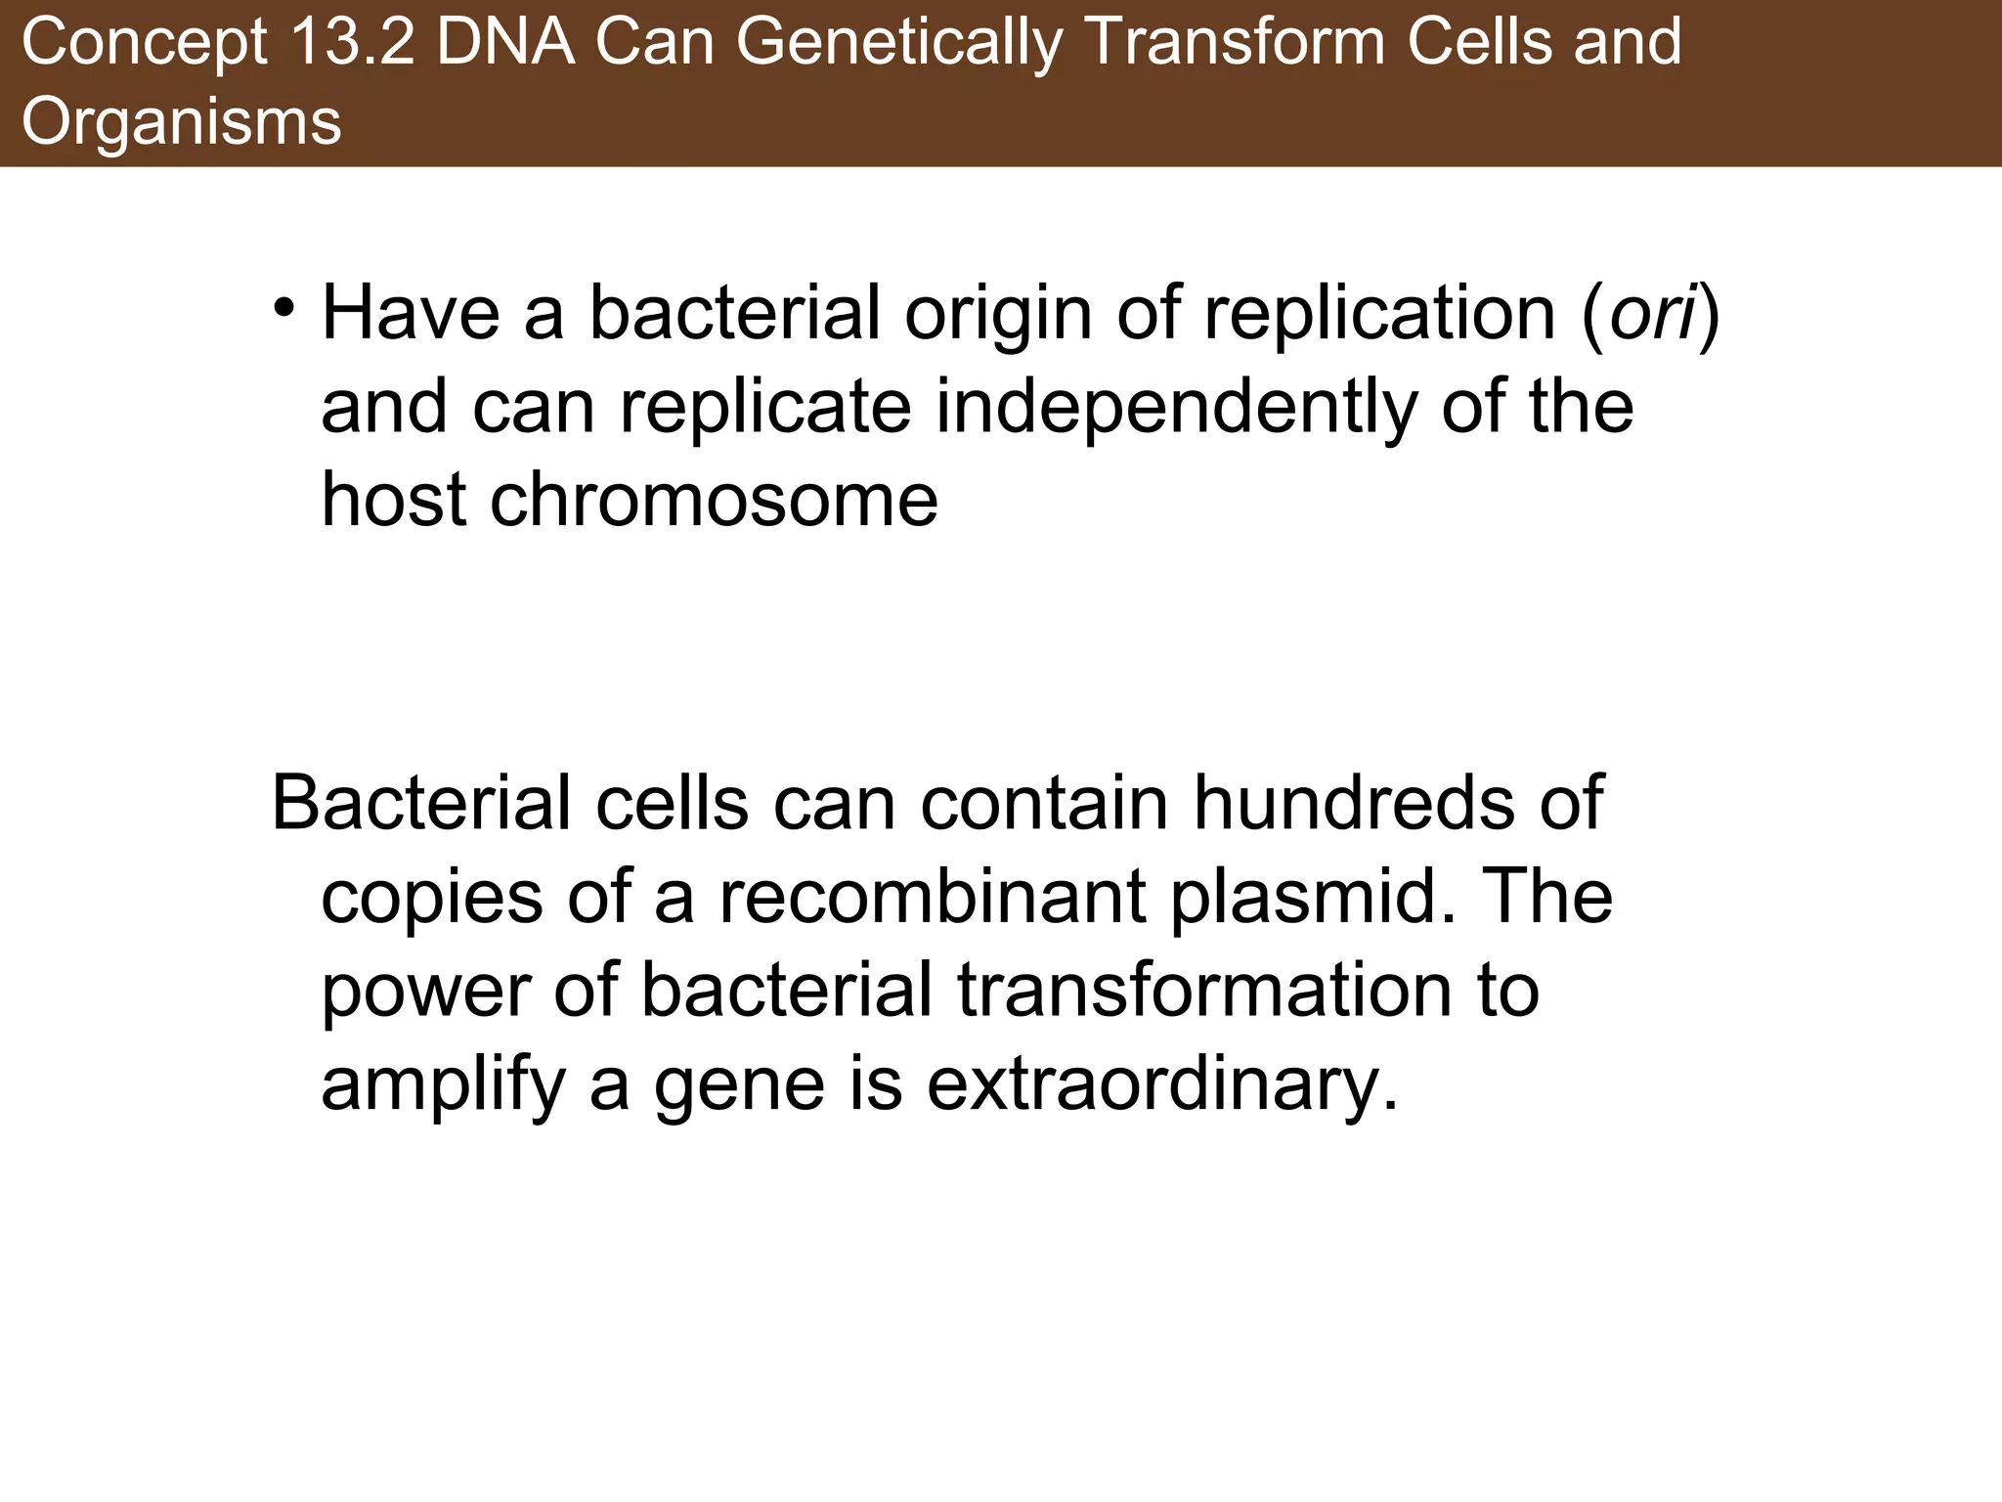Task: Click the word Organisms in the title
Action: click(182, 122)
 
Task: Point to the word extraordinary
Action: click(1162, 1085)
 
